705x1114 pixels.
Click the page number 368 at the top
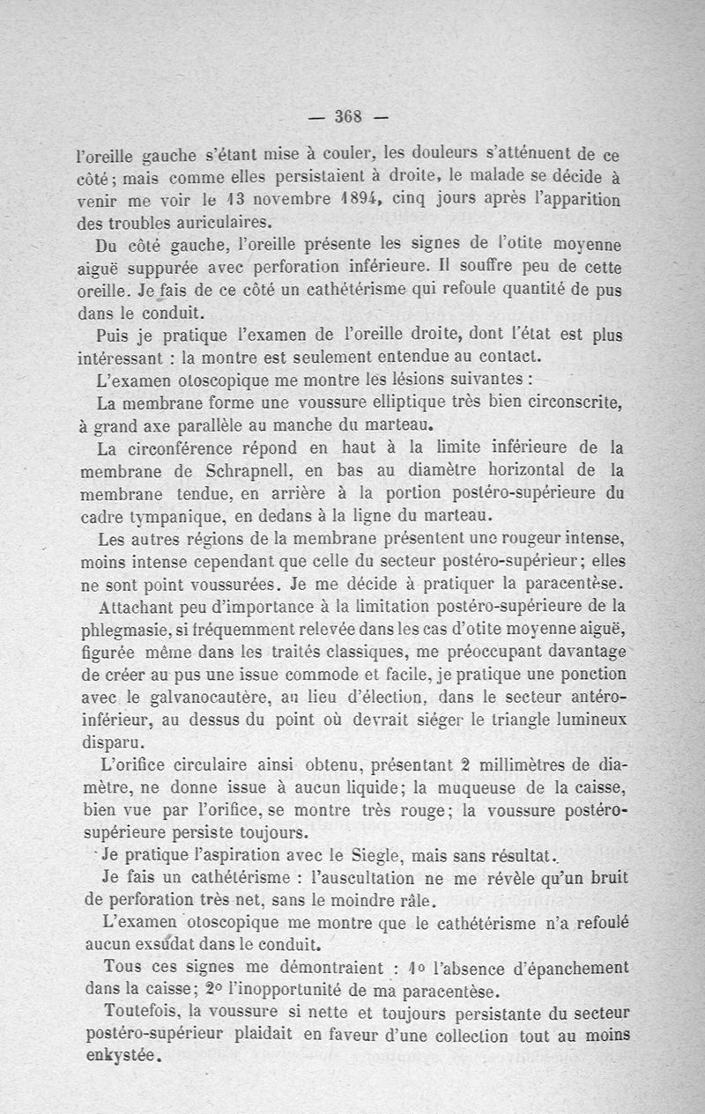(350, 116)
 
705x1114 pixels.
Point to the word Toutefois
(140, 1010)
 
